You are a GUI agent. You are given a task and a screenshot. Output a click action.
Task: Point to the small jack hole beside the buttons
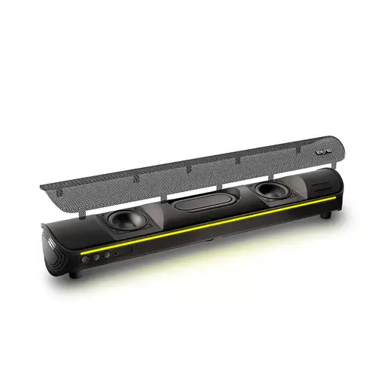pyautogui.click(x=115, y=254)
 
